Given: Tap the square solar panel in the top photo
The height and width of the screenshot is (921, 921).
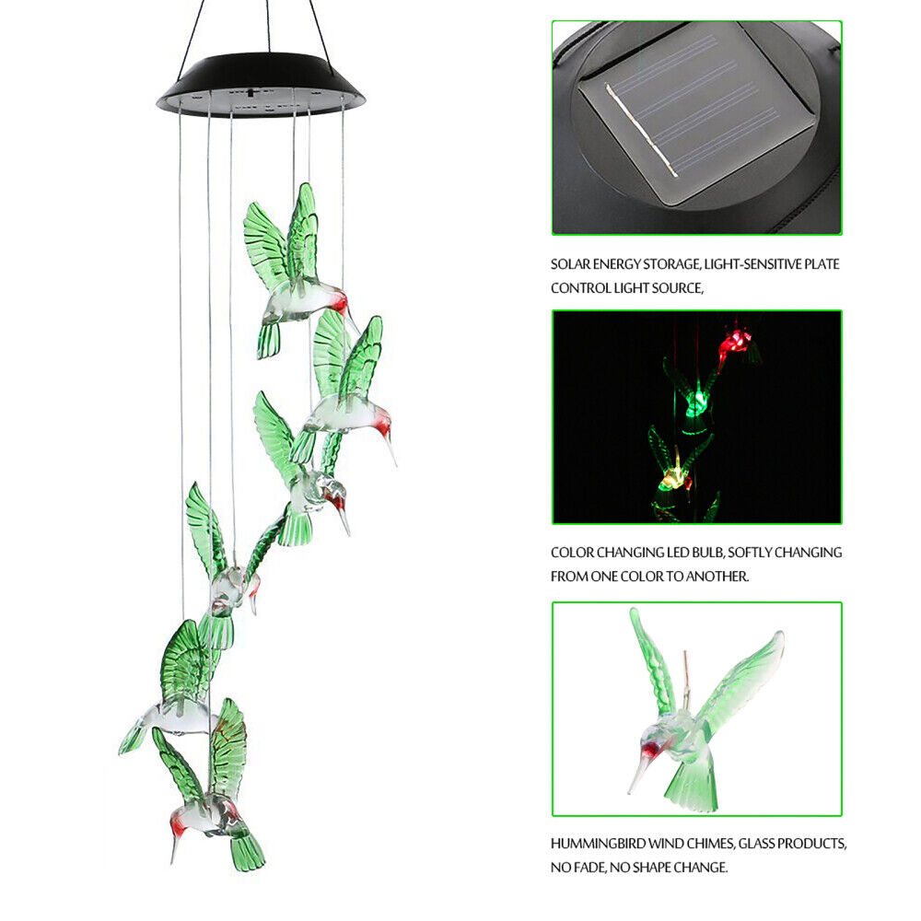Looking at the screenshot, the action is (x=699, y=112).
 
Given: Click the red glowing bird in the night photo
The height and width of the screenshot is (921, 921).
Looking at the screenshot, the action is (x=738, y=344).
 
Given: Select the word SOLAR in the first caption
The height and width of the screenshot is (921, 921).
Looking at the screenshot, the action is (x=570, y=264).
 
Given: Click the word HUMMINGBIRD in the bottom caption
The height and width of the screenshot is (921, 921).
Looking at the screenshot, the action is (x=598, y=844).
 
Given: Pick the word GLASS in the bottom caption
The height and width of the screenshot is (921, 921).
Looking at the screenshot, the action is (x=759, y=844).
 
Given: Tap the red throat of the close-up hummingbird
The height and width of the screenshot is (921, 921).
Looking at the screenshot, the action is (x=653, y=749).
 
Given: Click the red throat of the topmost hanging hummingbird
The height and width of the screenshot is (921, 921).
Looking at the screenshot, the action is (x=339, y=302).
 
